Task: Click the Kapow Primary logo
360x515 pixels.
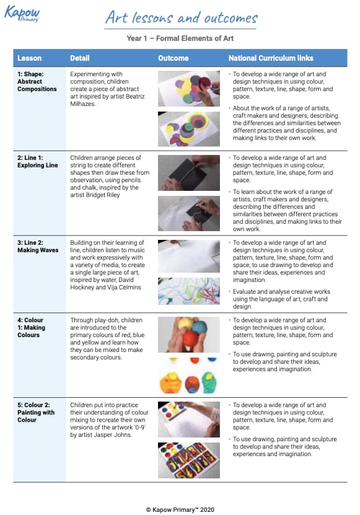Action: tap(22, 14)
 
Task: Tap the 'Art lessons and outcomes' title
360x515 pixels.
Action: tap(181, 17)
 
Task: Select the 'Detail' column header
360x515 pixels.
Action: tap(79, 58)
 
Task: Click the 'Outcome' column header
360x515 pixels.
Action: tap(173, 58)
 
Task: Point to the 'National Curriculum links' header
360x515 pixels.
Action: tap(271, 58)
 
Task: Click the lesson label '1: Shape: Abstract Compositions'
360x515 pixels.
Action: tap(37, 81)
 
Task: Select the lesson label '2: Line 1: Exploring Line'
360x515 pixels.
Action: tap(37, 161)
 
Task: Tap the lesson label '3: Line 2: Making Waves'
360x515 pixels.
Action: tap(38, 246)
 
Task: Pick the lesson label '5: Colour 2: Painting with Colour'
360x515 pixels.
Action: tap(36, 413)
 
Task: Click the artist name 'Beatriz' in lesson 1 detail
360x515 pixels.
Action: tap(135, 96)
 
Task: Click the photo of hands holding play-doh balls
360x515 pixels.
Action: tap(189, 335)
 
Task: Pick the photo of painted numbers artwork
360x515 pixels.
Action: tap(189, 460)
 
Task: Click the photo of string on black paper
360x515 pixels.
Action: tap(189, 173)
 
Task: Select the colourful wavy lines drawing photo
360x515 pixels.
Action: tap(189, 291)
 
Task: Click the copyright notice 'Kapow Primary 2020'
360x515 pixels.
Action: tap(180, 510)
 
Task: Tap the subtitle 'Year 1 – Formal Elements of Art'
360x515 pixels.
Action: tap(180, 38)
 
